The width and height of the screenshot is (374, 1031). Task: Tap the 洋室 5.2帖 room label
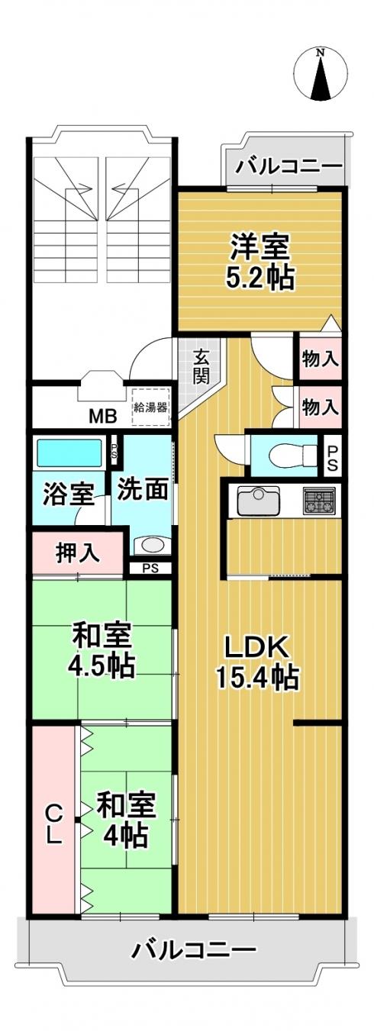260,262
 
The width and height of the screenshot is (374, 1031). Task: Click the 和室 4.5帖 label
102,649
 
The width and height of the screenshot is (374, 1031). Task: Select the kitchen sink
259,501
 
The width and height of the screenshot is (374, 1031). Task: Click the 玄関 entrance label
202,367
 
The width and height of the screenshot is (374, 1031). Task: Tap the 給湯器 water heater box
151,407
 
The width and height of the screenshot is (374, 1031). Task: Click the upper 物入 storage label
321,359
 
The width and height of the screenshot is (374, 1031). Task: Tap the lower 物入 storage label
321,407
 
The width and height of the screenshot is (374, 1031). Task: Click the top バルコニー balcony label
289,166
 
